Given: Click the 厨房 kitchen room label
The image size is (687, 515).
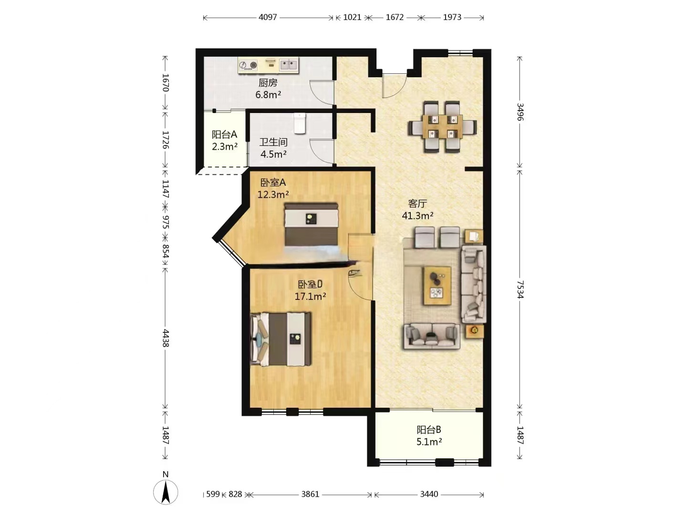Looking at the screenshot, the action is pos(268,83).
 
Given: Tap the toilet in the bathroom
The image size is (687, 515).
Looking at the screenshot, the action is pos(300,124).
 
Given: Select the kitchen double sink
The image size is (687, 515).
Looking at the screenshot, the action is pos(288,65).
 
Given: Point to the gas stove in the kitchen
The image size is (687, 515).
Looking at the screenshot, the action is pos(248,65).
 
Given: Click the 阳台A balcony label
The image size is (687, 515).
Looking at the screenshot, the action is pos(224,134).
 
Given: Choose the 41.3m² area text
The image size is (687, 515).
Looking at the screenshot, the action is pos(417,216).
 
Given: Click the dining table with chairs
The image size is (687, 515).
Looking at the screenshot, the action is pos(442,127).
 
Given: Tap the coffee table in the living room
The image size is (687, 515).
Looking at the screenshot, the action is pos(437,286).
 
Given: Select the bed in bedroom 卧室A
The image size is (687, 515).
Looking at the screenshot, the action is pos(311,225).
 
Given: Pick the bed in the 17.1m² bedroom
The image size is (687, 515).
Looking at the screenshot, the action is pos(281,339).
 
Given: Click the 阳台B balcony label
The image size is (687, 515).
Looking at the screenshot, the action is pos(429,430).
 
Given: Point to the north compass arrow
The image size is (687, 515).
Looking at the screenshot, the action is pos(166,492).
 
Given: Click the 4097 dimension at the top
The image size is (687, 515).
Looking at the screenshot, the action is pos(268,17).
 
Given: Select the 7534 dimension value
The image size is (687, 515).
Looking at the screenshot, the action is pos(520,289).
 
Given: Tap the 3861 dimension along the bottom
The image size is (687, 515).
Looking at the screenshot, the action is pos(310,494).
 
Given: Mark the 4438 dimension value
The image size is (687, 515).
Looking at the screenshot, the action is pos(166,338).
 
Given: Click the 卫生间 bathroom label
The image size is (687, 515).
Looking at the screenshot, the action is pos(273,142).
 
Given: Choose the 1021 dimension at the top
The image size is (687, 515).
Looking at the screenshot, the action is pos(352,17).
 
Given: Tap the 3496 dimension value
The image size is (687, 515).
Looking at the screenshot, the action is pos(520,112).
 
